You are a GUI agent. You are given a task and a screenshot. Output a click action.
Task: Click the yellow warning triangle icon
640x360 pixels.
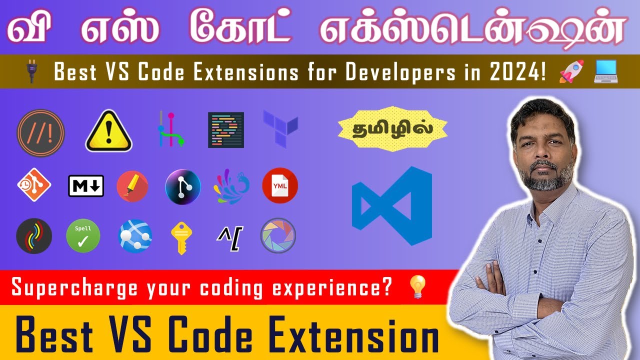point(108,131)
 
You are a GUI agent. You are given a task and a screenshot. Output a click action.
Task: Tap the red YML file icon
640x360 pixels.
point(280,185)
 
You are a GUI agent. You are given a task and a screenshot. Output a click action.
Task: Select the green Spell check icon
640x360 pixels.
point(83,235)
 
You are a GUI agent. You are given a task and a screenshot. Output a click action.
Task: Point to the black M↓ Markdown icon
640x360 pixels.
point(86,185)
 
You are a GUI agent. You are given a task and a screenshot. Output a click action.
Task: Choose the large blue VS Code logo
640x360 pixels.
point(392,205)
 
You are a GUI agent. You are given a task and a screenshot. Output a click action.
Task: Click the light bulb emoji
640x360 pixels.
point(416,288)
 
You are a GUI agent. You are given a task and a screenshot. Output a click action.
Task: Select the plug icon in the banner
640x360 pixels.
point(31,71)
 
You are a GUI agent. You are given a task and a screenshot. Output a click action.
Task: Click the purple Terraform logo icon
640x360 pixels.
point(280,128)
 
